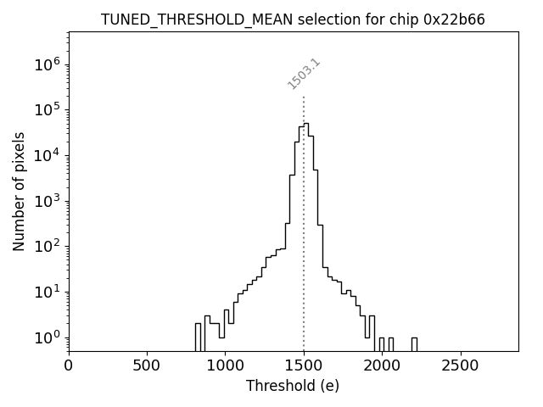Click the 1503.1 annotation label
[x=304, y=74]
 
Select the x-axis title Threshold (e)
[x=293, y=386]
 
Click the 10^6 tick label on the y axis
[x=50, y=64]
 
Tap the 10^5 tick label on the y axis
[x=50, y=110]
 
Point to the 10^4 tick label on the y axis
[x=50, y=156]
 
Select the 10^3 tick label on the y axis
[x=50, y=202]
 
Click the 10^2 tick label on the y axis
[x=50, y=248]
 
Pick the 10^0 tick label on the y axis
[x=50, y=338]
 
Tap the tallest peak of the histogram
[x=306, y=124]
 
